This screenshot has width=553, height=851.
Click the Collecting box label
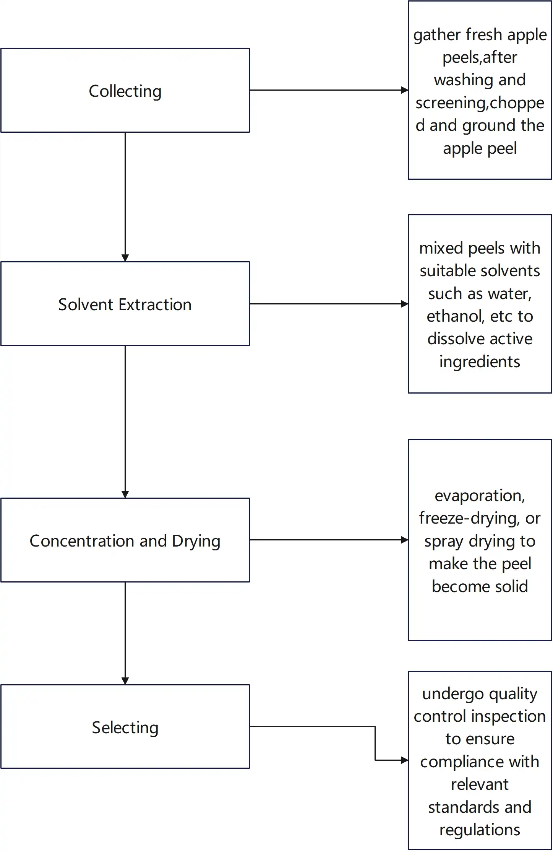(125, 91)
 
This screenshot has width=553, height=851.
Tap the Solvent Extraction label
(125, 304)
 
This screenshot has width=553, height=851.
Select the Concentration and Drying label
(125, 541)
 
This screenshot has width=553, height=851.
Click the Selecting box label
(125, 727)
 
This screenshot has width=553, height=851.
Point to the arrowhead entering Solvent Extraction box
(125, 258)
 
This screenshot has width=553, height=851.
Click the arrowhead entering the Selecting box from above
(125, 681)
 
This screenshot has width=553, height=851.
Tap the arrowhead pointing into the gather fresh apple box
(404, 90)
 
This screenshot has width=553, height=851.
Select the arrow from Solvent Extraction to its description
(329, 304)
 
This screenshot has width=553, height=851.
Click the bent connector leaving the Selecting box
(375, 742)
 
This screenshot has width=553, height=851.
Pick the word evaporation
(480, 496)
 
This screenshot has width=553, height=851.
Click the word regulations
(480, 830)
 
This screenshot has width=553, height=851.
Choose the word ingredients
(480, 362)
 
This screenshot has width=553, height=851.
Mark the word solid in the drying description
(511, 586)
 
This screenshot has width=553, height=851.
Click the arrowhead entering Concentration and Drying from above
(125, 494)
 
